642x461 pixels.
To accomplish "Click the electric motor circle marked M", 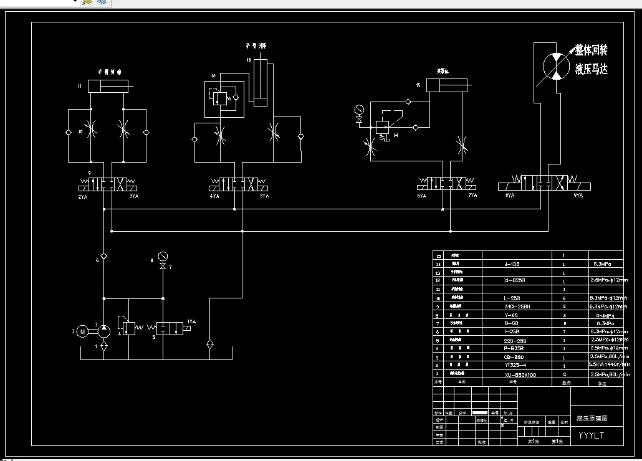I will [x=82, y=331].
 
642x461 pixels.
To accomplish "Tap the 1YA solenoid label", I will [x=191, y=321].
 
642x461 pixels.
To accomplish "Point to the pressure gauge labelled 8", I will [x=163, y=255].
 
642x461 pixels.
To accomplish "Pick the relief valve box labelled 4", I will [x=128, y=327].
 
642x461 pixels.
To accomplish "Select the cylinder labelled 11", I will [x=108, y=86].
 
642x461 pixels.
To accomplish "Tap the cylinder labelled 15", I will [x=447, y=86].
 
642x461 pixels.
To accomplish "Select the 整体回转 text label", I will [x=591, y=50].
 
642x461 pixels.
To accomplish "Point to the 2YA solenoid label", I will [x=82, y=196].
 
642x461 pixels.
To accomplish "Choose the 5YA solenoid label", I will [x=264, y=196].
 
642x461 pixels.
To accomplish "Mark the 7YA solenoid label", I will [x=472, y=196].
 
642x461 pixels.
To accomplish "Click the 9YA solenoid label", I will [x=578, y=196].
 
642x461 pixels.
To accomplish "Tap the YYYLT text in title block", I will [x=591, y=435].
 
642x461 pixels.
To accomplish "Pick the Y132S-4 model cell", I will [x=515, y=365].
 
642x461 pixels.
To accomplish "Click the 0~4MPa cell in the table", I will [x=602, y=315].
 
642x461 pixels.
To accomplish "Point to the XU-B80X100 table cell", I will [x=520, y=375].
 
